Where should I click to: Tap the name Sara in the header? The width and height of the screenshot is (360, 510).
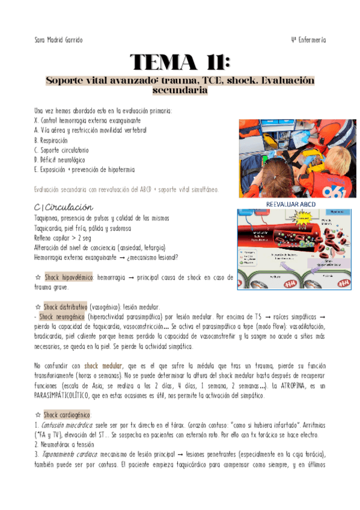tap(41, 40)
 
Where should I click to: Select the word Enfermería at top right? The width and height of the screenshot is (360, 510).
tap(313, 40)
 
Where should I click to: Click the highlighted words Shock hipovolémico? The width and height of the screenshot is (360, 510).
tap(69, 277)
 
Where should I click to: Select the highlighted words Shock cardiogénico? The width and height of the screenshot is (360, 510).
tap(67, 414)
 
